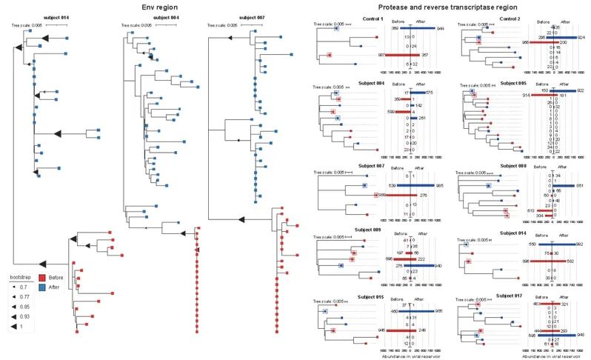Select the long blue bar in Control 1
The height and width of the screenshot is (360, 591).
[x=424, y=27]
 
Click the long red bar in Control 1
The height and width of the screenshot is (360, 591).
[x=397, y=56]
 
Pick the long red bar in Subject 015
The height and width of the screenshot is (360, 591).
[x=398, y=330]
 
